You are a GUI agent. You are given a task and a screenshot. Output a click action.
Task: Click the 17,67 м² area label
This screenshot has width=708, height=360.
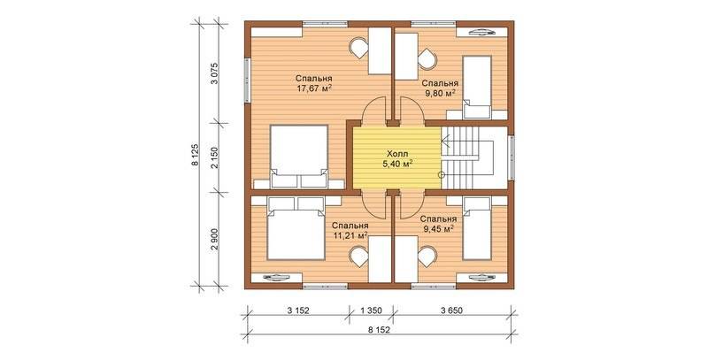click(x=312, y=88)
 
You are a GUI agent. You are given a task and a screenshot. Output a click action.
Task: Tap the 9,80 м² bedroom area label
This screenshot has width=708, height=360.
click(x=438, y=93)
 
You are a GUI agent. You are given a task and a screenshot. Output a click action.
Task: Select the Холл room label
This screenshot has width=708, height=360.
click(x=397, y=154)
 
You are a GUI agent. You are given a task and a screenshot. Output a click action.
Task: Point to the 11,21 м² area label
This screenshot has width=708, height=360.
click(x=350, y=234)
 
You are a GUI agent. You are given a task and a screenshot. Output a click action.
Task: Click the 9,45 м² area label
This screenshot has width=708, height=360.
click(x=438, y=229)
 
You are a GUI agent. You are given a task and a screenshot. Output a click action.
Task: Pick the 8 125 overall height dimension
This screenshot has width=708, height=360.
click(x=195, y=156)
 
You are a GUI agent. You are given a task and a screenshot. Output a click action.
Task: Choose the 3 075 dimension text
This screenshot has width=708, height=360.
click(x=215, y=73)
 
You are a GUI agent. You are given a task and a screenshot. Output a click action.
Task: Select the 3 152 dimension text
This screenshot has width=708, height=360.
click(x=298, y=310)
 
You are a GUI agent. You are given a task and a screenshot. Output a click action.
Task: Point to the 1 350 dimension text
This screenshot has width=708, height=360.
click(x=371, y=310)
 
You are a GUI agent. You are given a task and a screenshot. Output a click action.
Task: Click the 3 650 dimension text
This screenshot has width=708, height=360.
click(x=452, y=310)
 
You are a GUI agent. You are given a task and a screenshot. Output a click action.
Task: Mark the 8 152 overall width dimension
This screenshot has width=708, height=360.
click(x=379, y=330)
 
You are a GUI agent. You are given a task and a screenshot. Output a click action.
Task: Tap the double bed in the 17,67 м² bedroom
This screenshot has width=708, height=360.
click(x=298, y=157)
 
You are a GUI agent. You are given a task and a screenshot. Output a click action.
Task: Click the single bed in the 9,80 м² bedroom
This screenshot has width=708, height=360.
click(x=477, y=87)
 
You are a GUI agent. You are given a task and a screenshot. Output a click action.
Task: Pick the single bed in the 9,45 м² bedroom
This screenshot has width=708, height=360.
click(x=477, y=229)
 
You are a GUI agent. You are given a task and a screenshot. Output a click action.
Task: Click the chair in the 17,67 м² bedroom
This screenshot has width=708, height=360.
click(x=359, y=48)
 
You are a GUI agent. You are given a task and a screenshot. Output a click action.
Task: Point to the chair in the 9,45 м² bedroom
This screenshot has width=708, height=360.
click(x=427, y=257)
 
